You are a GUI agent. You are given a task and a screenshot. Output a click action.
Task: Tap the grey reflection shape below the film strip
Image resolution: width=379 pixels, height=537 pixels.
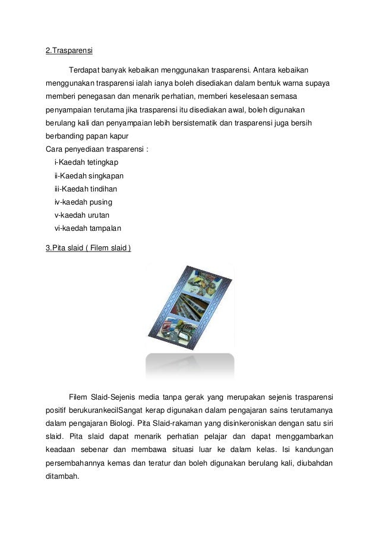tap(190, 364)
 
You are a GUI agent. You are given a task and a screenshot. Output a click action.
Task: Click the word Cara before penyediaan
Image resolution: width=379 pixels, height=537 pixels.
tap(54, 148)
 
